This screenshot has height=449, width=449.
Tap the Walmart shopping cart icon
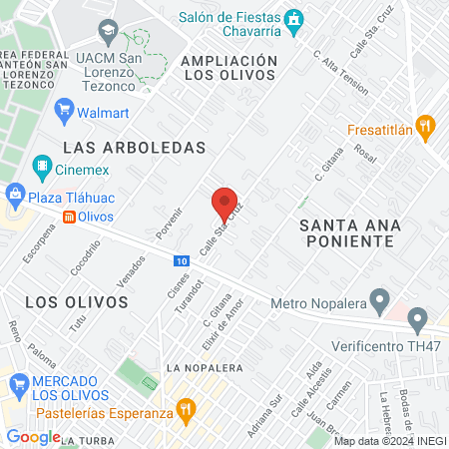click(65, 111)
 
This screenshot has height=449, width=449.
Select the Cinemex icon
click(42, 166)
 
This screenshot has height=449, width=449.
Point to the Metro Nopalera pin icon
click(379, 298)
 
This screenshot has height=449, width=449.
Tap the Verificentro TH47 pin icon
click(417, 320)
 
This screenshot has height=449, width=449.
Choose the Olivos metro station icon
click(69, 217)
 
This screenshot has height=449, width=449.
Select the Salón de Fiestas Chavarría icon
click(294, 19)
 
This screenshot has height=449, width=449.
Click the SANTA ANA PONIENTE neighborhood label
click(346, 232)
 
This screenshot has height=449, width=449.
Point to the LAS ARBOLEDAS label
click(133, 147)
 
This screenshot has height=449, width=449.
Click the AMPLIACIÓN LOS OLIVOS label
click(228, 68)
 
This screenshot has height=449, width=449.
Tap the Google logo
click(33, 436)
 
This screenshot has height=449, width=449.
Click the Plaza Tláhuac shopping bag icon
click(15, 194)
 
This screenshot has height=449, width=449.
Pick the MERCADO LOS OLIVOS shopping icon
click(18, 383)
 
